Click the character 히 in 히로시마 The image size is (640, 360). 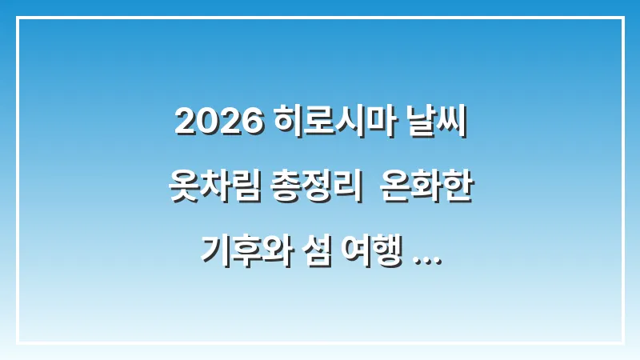285,122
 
